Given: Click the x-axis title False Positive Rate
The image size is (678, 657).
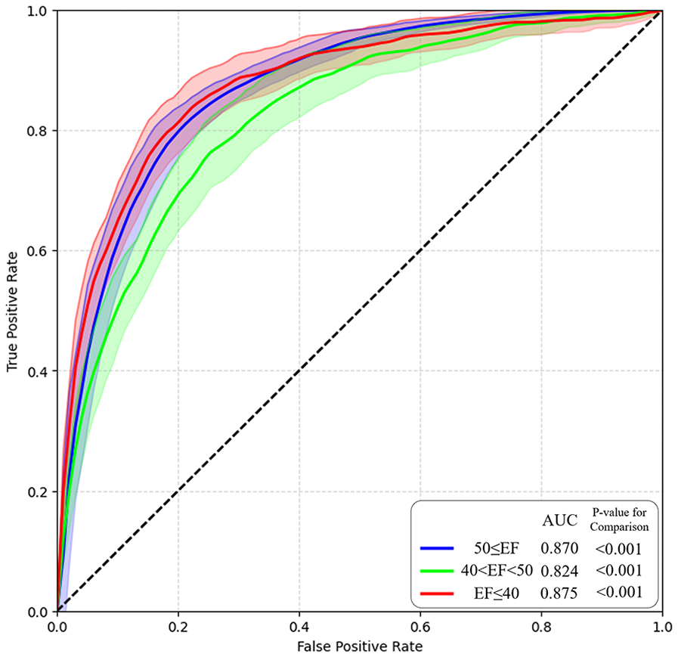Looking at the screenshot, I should pos(359,646).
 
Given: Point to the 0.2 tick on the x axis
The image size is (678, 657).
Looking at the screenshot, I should pos(178,626).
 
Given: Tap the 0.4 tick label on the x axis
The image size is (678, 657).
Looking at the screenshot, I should pos(299,626).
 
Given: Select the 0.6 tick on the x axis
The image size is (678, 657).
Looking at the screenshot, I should pos(420,626).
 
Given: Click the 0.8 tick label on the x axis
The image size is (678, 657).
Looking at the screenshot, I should pos(541,626).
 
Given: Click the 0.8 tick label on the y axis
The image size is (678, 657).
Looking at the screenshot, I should pos(38,131).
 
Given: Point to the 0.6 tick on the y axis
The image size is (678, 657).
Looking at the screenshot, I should pos(38,251).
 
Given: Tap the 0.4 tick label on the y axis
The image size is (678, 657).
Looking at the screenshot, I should pos(38,371).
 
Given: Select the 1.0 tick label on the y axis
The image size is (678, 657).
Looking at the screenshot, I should pos(38,11).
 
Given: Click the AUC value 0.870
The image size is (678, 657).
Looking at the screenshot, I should pos(559,547).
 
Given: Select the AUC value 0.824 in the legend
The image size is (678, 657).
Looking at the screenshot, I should pos(559,570).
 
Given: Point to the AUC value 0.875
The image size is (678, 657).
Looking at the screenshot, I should pos(559,593).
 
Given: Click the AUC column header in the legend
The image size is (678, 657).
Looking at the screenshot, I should pos(559,520).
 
